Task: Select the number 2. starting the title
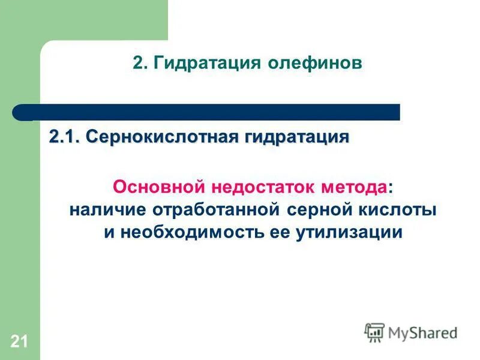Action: [x=139, y=63]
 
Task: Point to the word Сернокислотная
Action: [x=161, y=137]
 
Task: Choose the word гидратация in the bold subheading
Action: [x=296, y=137]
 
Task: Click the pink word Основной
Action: [x=157, y=187]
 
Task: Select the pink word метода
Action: [x=359, y=187]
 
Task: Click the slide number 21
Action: [x=19, y=343]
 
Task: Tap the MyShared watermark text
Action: [x=423, y=332]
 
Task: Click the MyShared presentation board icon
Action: [x=374, y=332]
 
